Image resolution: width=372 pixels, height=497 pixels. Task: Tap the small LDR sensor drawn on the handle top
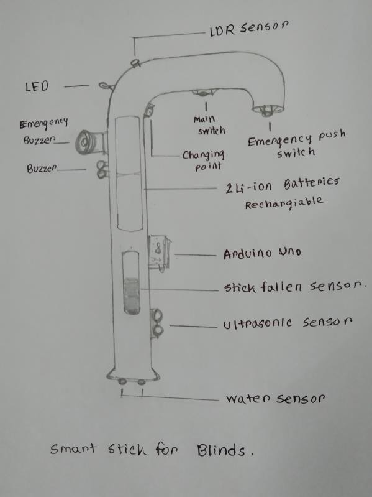click(x=137, y=62)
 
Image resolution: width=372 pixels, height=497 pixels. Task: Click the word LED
click(x=37, y=86)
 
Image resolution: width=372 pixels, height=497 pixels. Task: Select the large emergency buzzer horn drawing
click(x=91, y=142)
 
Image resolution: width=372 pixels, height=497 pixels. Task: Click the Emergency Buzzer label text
click(x=43, y=132)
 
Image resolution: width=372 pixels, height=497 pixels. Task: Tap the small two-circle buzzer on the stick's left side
click(x=102, y=170)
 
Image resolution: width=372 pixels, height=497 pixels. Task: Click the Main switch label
click(x=209, y=125)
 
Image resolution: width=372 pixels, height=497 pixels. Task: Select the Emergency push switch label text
click(x=296, y=144)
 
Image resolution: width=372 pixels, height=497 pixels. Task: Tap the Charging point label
click(x=203, y=160)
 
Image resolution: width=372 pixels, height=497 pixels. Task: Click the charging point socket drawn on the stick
click(x=148, y=111)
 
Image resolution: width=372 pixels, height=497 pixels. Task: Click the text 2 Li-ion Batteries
click(x=283, y=185)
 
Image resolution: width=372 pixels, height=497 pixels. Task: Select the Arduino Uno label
click(x=262, y=253)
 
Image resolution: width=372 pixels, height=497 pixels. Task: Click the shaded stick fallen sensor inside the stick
click(x=132, y=296)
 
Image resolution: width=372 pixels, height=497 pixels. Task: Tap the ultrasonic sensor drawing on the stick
click(x=157, y=323)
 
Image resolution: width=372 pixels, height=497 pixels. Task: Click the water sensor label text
click(x=275, y=399)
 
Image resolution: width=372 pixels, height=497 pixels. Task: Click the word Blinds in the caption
click(x=221, y=450)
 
